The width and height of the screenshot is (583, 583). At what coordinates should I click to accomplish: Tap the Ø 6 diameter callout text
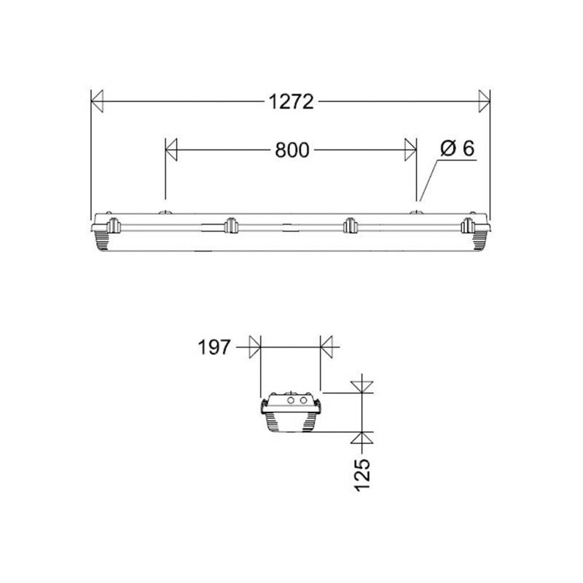point(457,149)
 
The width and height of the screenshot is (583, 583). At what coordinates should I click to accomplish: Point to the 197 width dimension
point(214,348)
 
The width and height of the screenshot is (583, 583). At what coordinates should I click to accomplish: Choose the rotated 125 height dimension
point(364,474)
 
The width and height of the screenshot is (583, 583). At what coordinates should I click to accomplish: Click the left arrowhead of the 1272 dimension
point(98,102)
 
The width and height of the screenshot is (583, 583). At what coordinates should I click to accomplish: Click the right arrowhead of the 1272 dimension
point(483,102)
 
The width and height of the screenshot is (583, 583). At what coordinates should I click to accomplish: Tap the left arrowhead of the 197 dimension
point(254,348)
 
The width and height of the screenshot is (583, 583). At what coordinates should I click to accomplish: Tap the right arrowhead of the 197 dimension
point(326,348)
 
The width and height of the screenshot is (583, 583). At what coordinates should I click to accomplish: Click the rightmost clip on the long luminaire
point(468,225)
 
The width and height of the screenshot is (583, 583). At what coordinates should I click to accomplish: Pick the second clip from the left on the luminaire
point(231,226)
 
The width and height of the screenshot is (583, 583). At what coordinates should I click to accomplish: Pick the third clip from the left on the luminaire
point(350,226)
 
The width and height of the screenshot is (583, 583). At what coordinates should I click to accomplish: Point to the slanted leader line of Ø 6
point(430,178)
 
